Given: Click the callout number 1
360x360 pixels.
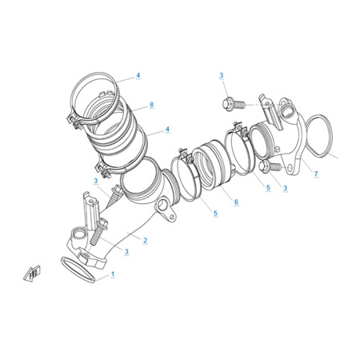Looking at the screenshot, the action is point(113,274).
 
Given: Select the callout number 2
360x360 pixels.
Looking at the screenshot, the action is point(145,240).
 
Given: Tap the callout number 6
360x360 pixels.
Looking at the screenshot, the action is point(236,202).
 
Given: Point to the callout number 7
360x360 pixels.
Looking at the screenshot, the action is point(316,174).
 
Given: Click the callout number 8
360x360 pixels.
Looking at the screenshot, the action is point(151,105).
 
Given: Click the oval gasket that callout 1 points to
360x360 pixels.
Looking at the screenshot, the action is point(78,270).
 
